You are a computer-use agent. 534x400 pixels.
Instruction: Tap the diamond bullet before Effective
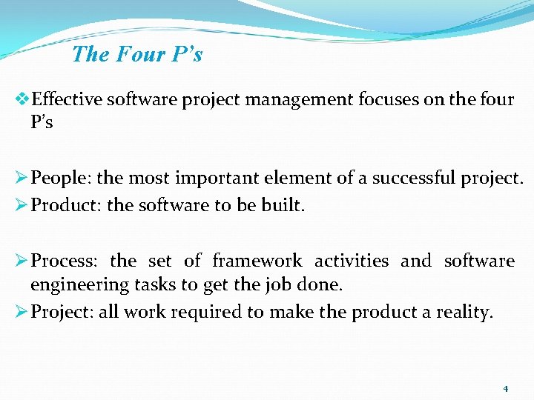tap(22, 99)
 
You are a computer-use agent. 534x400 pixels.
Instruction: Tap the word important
tap(213, 179)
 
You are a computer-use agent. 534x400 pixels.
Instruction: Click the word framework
tap(257, 261)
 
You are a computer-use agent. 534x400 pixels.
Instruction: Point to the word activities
tap(351, 261)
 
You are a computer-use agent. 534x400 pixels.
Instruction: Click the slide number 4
tap(505, 389)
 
